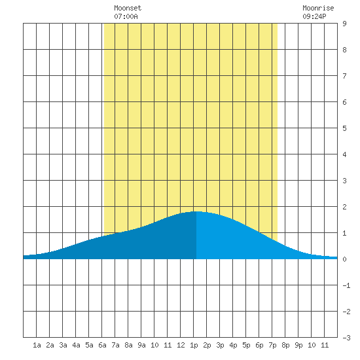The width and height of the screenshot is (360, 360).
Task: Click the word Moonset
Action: point(128,8)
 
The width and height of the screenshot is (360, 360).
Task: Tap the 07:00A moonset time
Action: point(126,16)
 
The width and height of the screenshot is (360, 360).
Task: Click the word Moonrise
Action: point(318,8)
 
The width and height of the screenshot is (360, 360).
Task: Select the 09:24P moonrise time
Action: point(314,16)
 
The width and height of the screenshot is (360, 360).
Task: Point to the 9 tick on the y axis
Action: point(344,24)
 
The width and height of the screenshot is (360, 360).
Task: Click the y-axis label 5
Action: point(344,128)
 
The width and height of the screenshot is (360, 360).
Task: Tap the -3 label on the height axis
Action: point(346,338)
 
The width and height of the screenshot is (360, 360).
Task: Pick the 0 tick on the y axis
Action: point(344,259)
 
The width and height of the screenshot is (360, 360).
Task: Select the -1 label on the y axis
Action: point(346,285)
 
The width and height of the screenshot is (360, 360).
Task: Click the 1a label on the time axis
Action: point(37,345)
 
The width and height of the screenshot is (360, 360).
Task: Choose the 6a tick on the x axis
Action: point(102,345)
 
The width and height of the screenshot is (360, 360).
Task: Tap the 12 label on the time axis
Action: point(181,345)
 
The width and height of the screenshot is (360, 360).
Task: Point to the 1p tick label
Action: point(194,345)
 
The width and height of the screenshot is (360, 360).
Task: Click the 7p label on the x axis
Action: point(272,345)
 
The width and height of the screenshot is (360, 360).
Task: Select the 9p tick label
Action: point(298,345)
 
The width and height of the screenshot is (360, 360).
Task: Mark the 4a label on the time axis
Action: point(76,345)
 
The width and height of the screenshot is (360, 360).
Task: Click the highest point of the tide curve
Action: point(196,211)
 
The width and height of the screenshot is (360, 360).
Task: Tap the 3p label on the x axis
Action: point(220,345)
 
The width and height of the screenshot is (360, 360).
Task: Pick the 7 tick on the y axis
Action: point(344,76)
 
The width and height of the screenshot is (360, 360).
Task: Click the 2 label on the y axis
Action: point(344,207)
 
